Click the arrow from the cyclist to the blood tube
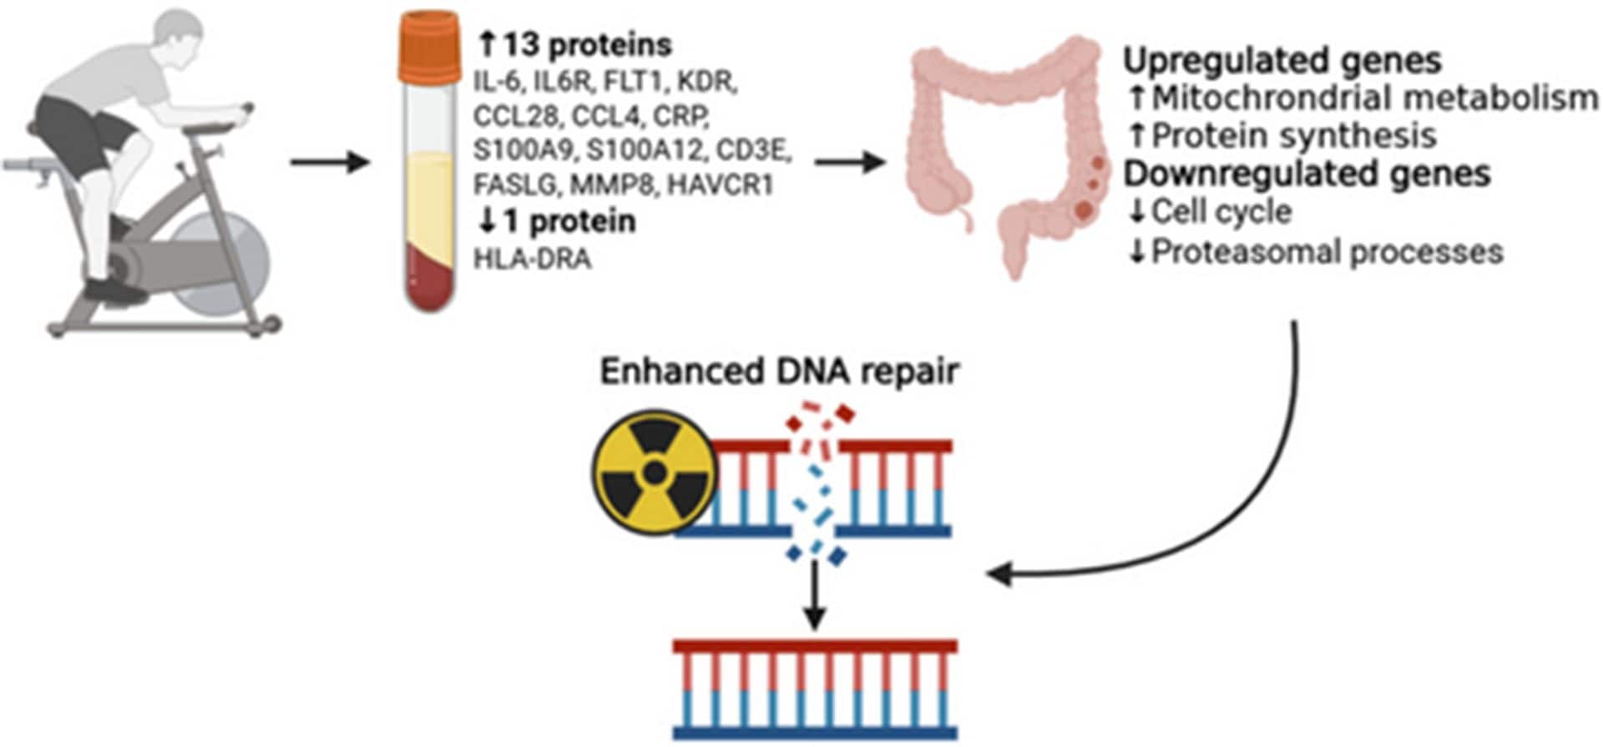pos(329,161)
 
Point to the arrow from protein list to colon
pos(848,161)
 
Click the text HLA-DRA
pos(533,259)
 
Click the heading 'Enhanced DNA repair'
pos(778,371)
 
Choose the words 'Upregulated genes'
pos(1282,61)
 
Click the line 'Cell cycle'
pos(1221,212)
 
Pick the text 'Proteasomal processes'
pos(1327,251)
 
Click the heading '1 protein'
pos(569,221)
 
